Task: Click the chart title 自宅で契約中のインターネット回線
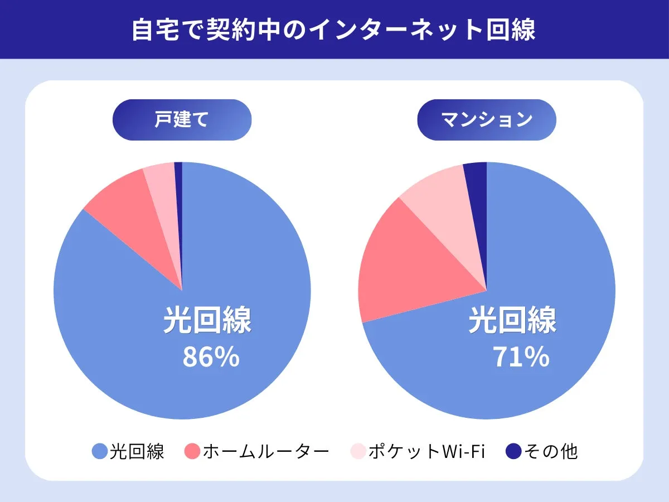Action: tap(333, 30)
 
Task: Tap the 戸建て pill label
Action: tap(182, 120)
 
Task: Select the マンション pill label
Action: tap(487, 120)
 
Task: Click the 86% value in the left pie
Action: tap(211, 358)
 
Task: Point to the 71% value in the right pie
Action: tap(521, 358)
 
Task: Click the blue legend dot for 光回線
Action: tap(99, 451)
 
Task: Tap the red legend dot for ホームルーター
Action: tap(192, 451)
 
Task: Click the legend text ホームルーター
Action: tap(265, 451)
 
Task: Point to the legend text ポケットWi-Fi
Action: tap(426, 451)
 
